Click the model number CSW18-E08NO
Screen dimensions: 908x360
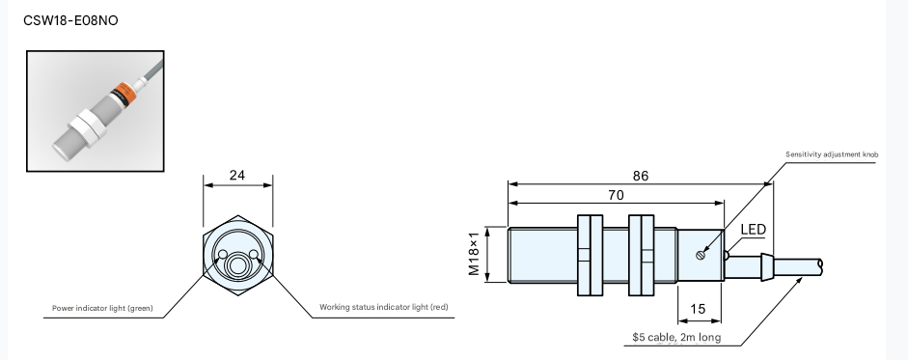pyautogui.click(x=70, y=20)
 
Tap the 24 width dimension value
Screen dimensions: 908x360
pyautogui.click(x=237, y=175)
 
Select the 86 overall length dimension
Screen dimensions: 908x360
pyautogui.click(x=641, y=176)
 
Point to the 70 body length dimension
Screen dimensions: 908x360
pyautogui.click(x=617, y=195)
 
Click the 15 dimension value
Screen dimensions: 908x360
pyautogui.click(x=699, y=309)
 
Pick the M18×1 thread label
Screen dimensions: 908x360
pyautogui.click(x=475, y=254)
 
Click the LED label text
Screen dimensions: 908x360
pyautogui.click(x=754, y=230)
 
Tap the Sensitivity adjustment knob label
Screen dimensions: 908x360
pyautogui.click(x=832, y=154)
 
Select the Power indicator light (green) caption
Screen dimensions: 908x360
pyautogui.click(x=102, y=308)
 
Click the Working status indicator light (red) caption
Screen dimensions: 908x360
pyautogui.click(x=384, y=307)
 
